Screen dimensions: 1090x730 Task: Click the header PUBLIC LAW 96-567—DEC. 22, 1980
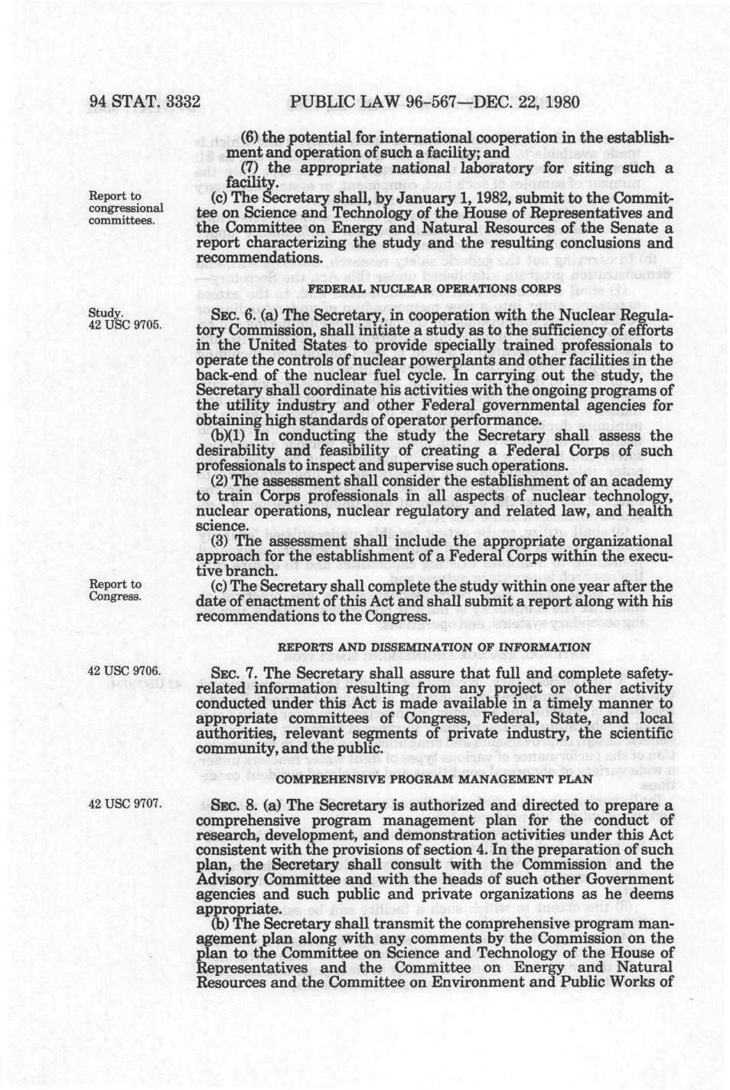435,101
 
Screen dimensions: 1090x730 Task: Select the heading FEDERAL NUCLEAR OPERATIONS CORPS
434,289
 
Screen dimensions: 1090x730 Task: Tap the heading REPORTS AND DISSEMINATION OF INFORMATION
433,647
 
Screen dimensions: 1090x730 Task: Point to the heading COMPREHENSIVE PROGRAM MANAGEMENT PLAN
433,779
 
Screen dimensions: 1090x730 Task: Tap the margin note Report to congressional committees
126,208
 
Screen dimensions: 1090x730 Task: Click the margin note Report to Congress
116,590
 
